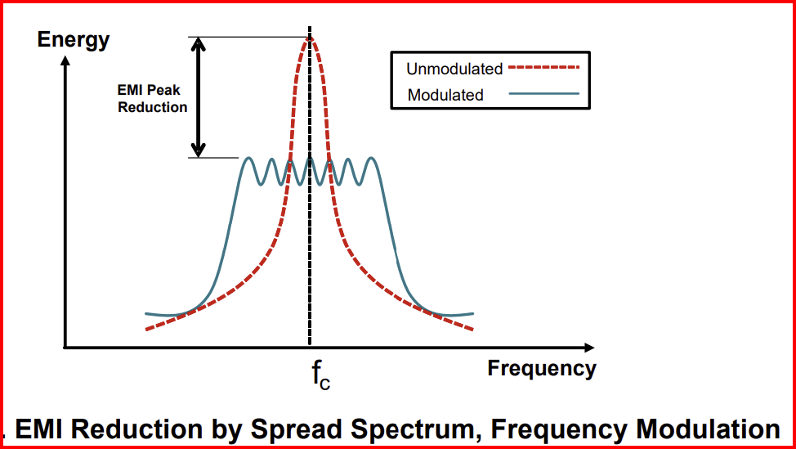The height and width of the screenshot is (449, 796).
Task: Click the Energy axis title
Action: pyautogui.click(x=73, y=39)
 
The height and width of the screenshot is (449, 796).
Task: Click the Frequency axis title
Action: pyautogui.click(x=542, y=368)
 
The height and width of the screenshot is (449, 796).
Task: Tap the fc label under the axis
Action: pyautogui.click(x=321, y=376)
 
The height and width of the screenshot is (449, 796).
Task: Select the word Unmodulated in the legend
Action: pyautogui.click(x=454, y=69)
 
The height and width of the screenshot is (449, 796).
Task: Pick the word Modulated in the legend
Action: pyautogui.click(x=445, y=95)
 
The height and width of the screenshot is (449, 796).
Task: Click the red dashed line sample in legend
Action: pyautogui.click(x=543, y=66)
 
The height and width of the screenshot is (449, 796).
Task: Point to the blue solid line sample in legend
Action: pyautogui.click(x=543, y=93)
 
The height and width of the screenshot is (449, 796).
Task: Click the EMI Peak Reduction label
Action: pyautogui.click(x=152, y=99)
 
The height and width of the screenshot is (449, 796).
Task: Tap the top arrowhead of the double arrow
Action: pyautogui.click(x=199, y=44)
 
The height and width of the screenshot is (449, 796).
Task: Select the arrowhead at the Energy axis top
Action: pyautogui.click(x=65, y=61)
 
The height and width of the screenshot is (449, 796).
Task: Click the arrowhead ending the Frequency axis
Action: pyautogui.click(x=588, y=348)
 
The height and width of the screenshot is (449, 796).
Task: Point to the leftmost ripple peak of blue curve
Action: pyautogui.click(x=248, y=158)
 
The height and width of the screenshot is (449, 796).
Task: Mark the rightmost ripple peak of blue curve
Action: pyautogui.click(x=372, y=158)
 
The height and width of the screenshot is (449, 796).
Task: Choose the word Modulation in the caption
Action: pyautogui.click(x=709, y=429)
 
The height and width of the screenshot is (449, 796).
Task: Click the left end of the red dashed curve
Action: pyautogui.click(x=146, y=330)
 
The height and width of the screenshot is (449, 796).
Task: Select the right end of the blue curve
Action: pyautogui.click(x=473, y=313)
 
